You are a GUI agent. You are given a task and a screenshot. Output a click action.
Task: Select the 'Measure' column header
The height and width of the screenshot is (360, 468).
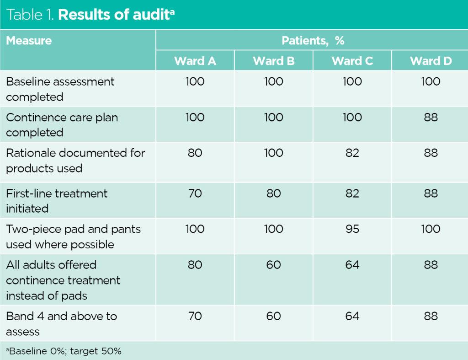[x=29, y=41]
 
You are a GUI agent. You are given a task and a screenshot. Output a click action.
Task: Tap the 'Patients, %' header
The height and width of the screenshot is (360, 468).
[x=313, y=41]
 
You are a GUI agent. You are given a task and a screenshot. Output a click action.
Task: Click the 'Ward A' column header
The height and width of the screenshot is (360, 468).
[x=195, y=61]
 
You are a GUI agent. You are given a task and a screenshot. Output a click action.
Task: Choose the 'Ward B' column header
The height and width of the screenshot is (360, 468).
[x=274, y=61]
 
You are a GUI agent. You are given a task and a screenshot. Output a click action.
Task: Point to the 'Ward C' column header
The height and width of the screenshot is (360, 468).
[x=352, y=61]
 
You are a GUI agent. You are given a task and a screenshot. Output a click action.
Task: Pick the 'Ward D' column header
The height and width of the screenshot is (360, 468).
[x=431, y=61]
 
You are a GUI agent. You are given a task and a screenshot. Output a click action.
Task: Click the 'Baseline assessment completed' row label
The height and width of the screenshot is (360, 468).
[x=60, y=89]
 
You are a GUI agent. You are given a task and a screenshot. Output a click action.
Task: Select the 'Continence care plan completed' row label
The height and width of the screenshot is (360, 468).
[x=62, y=125]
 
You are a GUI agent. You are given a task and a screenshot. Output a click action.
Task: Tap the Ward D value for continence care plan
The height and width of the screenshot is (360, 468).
[x=431, y=118]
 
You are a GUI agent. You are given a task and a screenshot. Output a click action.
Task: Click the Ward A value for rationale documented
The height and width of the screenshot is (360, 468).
[x=195, y=153]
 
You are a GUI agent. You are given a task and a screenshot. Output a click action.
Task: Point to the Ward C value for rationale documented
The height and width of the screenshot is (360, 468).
[x=352, y=153]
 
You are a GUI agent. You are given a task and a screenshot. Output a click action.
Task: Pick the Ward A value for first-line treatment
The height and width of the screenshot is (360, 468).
[x=195, y=193]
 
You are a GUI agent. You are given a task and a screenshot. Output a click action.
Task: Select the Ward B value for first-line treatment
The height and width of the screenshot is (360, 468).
[x=274, y=193]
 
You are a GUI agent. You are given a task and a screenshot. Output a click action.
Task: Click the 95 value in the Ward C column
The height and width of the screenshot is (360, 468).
[x=352, y=229]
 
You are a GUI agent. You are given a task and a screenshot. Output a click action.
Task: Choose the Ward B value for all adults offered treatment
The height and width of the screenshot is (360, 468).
[x=274, y=265]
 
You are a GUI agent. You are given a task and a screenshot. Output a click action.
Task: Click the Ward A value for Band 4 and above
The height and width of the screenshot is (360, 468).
[x=195, y=316]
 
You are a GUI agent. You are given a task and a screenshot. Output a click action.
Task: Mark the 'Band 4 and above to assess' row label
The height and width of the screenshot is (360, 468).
[x=62, y=323]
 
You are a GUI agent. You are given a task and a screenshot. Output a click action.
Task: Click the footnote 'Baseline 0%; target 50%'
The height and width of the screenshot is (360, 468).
[x=64, y=351]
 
